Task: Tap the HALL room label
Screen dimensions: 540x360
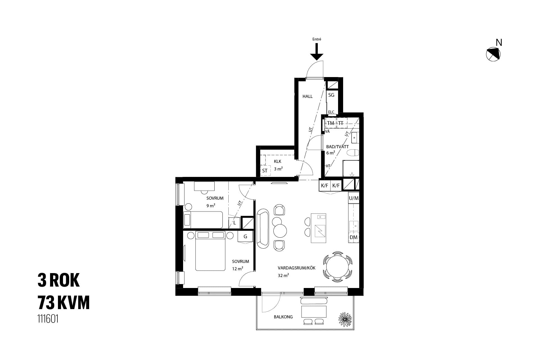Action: pyautogui.click(x=307, y=96)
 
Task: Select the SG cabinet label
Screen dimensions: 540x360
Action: pyautogui.click(x=331, y=95)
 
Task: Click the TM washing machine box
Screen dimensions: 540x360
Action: pyautogui.click(x=331, y=123)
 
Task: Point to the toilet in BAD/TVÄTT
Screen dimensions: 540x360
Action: pyautogui.click(x=353, y=153)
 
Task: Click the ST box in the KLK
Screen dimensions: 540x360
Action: pyautogui.click(x=265, y=170)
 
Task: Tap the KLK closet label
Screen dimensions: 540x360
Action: pyautogui.click(x=278, y=161)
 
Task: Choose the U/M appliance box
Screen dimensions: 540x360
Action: pyautogui.click(x=354, y=198)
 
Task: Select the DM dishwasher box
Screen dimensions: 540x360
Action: pyautogui.click(x=354, y=237)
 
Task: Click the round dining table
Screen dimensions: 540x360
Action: pyautogui.click(x=337, y=266)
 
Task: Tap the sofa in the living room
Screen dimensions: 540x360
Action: pyautogui.click(x=263, y=228)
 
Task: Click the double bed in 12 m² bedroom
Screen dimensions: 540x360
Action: pyautogui.click(x=210, y=251)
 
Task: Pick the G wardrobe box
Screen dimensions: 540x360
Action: pyautogui.click(x=245, y=237)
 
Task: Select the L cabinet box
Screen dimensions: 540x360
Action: pyautogui.click(x=234, y=223)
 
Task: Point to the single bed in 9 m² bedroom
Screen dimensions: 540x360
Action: pyautogui.click(x=203, y=220)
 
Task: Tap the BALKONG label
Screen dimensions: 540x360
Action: pyautogui.click(x=283, y=317)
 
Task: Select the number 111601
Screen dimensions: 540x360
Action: pyautogui.click(x=48, y=319)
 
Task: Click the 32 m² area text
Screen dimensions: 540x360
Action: pyautogui.click(x=283, y=275)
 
